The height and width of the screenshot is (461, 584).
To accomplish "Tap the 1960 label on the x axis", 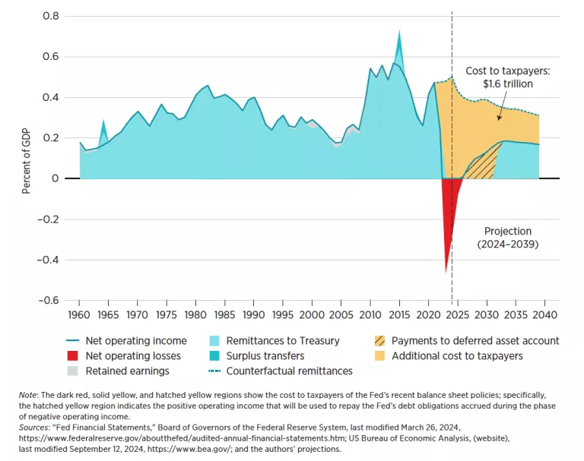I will (79, 314).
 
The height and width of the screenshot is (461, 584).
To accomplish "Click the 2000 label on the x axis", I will (312, 314).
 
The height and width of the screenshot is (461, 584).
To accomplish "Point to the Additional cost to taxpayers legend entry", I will (457, 355).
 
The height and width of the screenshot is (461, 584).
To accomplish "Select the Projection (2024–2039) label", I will (509, 238).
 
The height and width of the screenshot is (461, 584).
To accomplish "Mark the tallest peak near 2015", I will (399, 33).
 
